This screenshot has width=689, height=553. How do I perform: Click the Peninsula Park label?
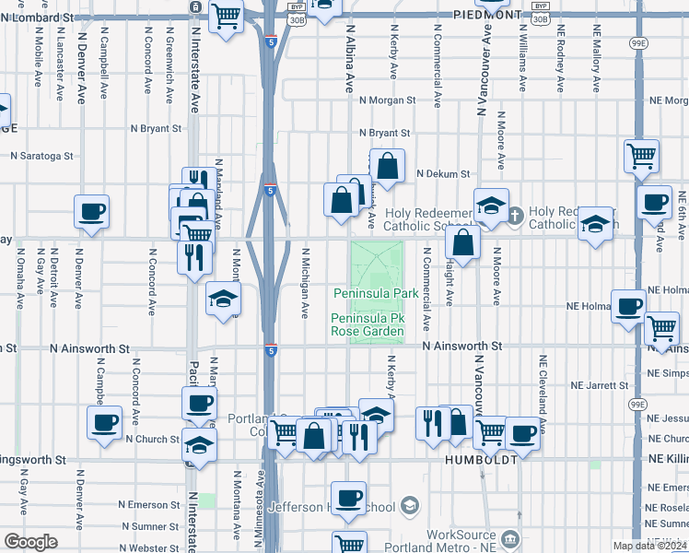[x=375, y=293]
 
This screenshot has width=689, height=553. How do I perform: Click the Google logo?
[x=30, y=542]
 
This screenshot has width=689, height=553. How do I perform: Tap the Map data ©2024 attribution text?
[x=649, y=546]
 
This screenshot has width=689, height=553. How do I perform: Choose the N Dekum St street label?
[x=442, y=173]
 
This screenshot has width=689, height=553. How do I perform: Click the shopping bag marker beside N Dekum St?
[x=388, y=166]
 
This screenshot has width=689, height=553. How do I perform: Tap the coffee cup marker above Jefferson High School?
[x=348, y=498]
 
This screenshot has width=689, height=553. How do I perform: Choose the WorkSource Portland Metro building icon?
[x=508, y=536]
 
